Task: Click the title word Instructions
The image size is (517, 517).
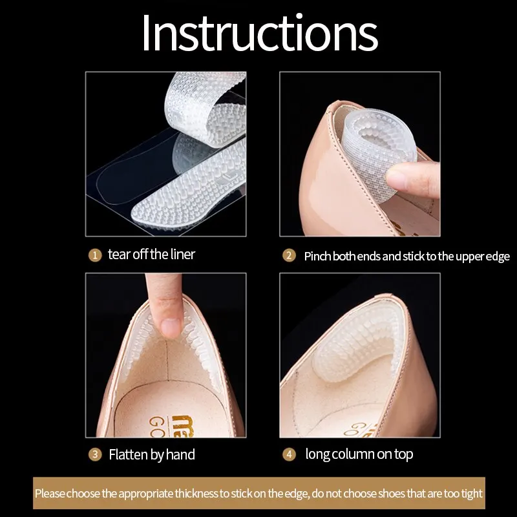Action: click(260, 33)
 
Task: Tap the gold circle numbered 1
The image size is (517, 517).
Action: click(95, 255)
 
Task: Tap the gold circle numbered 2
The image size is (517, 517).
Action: click(289, 255)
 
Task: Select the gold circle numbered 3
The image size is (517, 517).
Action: click(95, 455)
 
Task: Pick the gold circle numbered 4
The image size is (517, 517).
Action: click(289, 455)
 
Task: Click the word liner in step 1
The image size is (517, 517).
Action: click(183, 254)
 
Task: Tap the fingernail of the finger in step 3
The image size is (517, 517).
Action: click(171, 328)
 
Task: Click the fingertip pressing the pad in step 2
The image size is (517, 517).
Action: click(401, 178)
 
